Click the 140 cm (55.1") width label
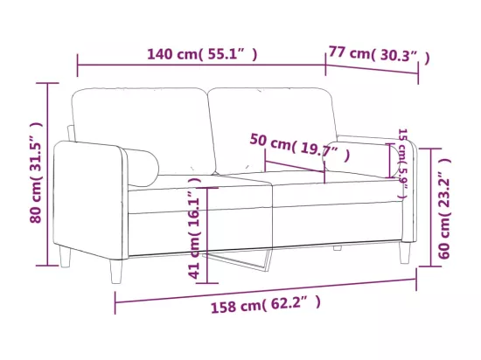click(203, 54)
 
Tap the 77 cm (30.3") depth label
click(380, 55)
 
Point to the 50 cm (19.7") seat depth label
click(300, 148)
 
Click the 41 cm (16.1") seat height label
click(194, 228)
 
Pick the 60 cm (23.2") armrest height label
click(444, 208)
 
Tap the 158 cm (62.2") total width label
click(266, 304)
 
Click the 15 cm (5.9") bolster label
click(403, 163)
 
